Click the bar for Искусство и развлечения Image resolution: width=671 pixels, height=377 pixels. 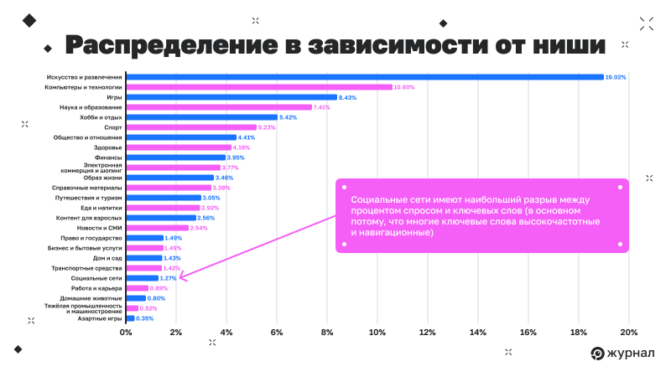(365, 77)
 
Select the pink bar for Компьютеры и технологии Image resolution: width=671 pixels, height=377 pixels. (259, 87)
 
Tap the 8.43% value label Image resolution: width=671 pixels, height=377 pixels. (348, 97)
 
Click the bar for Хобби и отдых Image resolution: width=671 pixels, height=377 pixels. (201, 117)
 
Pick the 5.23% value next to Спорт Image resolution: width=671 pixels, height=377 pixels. (268, 127)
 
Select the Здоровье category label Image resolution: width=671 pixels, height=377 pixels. (108, 147)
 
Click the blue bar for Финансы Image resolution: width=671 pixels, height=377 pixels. (175, 158)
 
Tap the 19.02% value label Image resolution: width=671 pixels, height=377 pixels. (616, 77)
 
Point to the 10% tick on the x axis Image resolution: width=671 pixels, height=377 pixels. (377, 332)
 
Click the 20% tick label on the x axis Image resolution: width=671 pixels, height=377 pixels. (628, 332)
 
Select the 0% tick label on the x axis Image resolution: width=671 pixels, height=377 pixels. (126, 332)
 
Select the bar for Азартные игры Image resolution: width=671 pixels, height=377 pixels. (130, 318)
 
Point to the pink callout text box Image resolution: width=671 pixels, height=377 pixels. (481, 214)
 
